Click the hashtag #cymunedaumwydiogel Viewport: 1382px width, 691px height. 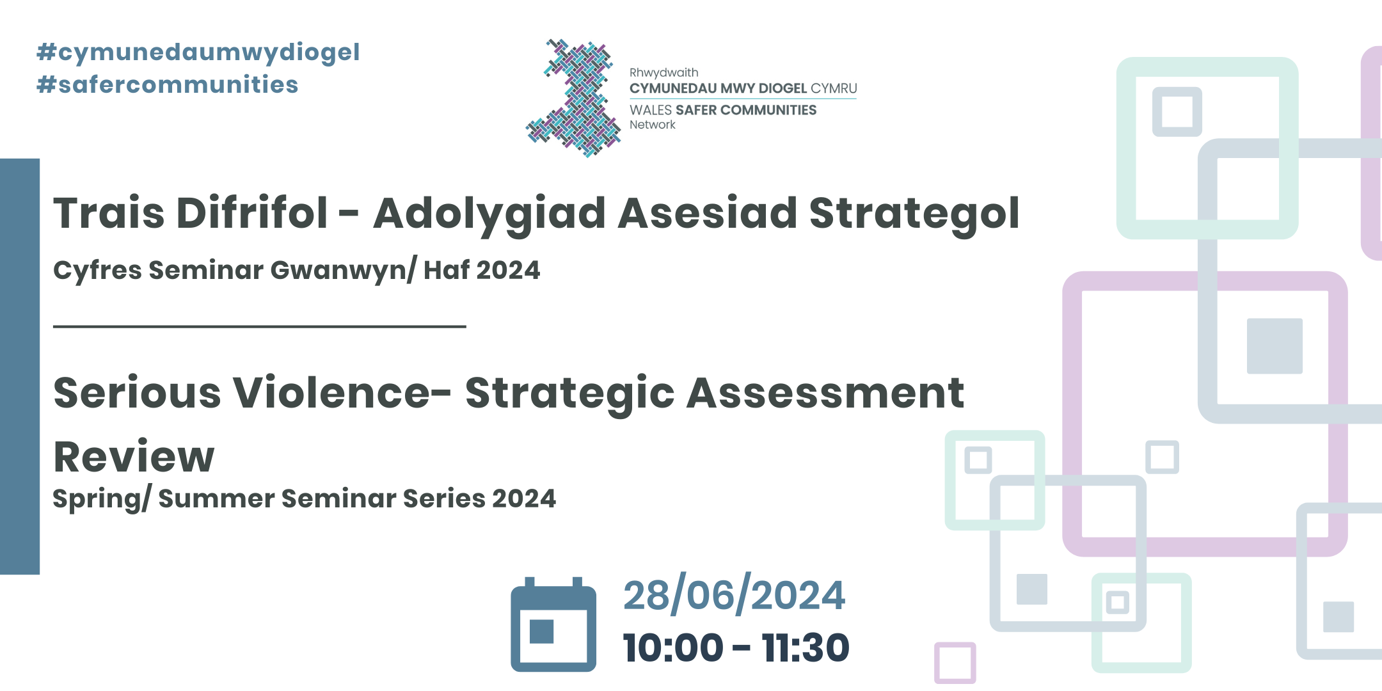click(198, 52)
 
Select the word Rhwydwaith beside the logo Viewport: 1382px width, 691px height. click(663, 73)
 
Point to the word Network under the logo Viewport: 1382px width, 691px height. click(652, 125)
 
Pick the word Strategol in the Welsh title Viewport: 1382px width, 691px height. click(914, 214)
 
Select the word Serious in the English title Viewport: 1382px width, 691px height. click(137, 393)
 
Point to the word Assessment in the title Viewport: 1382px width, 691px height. click(825, 393)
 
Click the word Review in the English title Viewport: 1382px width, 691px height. click(134, 457)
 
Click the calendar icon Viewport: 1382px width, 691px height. click(553, 625)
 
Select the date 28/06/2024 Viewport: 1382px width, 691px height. click(734, 596)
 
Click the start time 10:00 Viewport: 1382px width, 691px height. click(673, 647)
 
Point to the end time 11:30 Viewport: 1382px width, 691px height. click(806, 647)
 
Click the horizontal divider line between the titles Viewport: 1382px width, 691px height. click(259, 326)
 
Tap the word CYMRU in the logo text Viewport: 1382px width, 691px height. click(834, 88)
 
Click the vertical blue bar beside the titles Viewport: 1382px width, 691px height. click(20, 366)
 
